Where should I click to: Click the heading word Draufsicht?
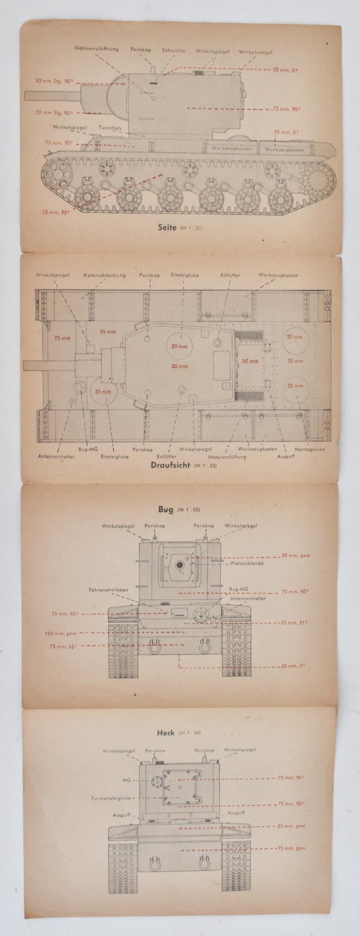[x=170, y=465]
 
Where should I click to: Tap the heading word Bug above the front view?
[x=165, y=509]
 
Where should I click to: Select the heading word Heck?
[x=165, y=733]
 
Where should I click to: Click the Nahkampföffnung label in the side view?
[x=97, y=49]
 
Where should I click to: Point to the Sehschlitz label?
[x=174, y=51]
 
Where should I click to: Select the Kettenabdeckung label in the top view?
[x=104, y=275]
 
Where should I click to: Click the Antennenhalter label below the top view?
[x=56, y=457]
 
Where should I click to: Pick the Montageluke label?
[x=310, y=449]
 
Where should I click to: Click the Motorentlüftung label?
[x=227, y=457]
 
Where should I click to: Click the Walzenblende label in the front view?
[x=247, y=563]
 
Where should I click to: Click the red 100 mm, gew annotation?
[x=61, y=634]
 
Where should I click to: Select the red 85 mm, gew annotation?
[x=296, y=555]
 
